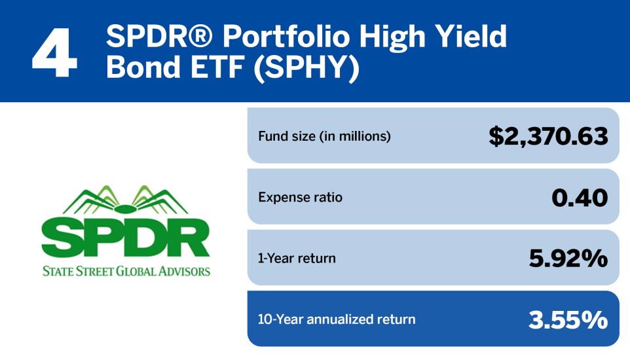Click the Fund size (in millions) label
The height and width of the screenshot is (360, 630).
(x=324, y=136)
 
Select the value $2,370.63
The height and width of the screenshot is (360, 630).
(x=548, y=136)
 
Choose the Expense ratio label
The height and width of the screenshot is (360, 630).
(x=300, y=197)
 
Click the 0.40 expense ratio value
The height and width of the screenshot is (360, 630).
(x=580, y=197)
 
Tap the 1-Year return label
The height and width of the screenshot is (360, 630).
(x=297, y=258)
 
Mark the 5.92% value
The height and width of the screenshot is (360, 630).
(x=568, y=258)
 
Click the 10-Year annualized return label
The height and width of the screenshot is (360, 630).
(x=337, y=319)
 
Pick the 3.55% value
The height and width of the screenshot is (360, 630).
(x=568, y=319)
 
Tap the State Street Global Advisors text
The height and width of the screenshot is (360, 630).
(x=126, y=270)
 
